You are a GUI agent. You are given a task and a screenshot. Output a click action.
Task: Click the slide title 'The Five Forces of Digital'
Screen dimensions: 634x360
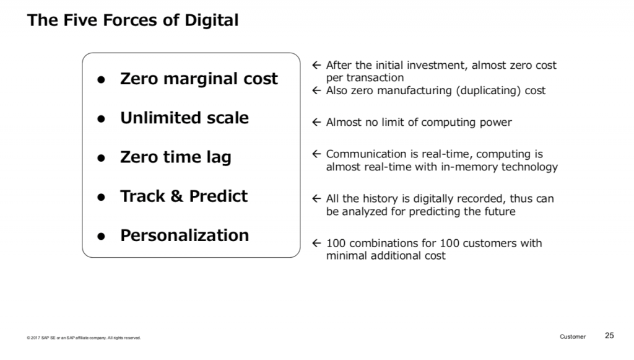132,20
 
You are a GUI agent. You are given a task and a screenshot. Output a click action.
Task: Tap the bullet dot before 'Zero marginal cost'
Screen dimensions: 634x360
101,80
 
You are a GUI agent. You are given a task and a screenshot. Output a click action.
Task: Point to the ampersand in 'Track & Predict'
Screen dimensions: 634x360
176,196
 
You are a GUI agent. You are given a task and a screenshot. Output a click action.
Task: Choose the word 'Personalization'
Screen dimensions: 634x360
185,235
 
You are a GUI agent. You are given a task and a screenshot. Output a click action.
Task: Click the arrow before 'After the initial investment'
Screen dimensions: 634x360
316,65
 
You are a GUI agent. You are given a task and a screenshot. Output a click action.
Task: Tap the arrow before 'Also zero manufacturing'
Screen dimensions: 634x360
316,90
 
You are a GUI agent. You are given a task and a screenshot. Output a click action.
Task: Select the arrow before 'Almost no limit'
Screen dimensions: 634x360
316,122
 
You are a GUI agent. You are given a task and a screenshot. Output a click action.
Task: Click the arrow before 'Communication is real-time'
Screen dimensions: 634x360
316,154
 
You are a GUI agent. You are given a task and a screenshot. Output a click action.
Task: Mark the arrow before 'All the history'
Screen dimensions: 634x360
316,199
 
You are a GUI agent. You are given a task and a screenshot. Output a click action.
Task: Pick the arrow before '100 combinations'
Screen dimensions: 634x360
316,243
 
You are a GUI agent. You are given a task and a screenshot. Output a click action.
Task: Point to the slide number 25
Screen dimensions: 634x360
609,336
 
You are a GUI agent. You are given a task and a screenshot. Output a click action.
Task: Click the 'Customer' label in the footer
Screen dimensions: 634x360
573,336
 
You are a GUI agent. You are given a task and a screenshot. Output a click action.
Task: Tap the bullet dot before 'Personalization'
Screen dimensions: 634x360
101,237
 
